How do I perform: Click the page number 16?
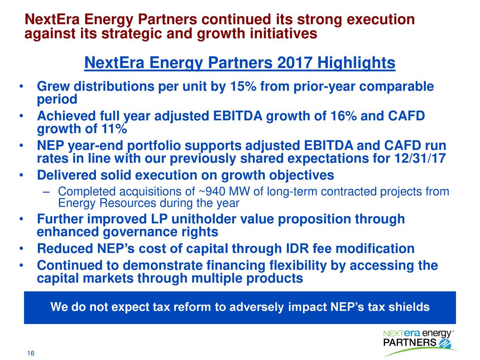tap(31, 354)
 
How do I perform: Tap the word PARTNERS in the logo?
tap(409, 343)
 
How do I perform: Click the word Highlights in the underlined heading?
tap(356, 63)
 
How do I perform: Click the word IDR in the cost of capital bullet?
tap(297, 249)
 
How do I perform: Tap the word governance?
tap(140, 232)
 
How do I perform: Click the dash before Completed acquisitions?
tap(46, 192)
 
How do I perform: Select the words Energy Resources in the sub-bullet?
tap(107, 203)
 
